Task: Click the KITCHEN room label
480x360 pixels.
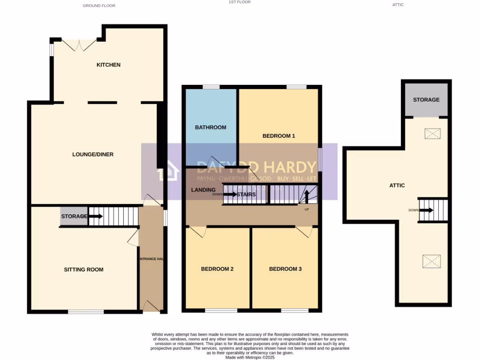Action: [x=108, y=65]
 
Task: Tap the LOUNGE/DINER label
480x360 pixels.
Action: [x=93, y=154]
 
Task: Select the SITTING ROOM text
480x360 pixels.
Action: [x=83, y=270]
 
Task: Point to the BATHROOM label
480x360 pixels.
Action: [x=210, y=127]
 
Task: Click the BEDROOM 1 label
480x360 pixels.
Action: [x=278, y=136]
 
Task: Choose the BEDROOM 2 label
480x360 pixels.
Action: [x=217, y=269]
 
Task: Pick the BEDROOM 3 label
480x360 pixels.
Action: [x=285, y=269]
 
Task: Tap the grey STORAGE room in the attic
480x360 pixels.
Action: [x=426, y=100]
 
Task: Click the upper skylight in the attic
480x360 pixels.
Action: [x=432, y=134]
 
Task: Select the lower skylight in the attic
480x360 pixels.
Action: [x=431, y=261]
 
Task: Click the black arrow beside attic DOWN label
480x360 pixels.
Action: [x=426, y=210]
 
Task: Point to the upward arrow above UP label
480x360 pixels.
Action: [x=307, y=195]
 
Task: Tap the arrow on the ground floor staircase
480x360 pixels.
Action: [x=96, y=216]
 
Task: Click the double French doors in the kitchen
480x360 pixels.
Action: [x=79, y=45]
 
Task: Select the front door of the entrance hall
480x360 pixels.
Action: [x=151, y=307]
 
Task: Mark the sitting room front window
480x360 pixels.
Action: [x=86, y=312]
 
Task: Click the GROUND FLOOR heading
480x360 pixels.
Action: [x=99, y=6]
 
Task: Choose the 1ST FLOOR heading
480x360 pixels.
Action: [x=240, y=2]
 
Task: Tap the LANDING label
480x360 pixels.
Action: [x=203, y=190]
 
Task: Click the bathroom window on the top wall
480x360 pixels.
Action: [x=211, y=87]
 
